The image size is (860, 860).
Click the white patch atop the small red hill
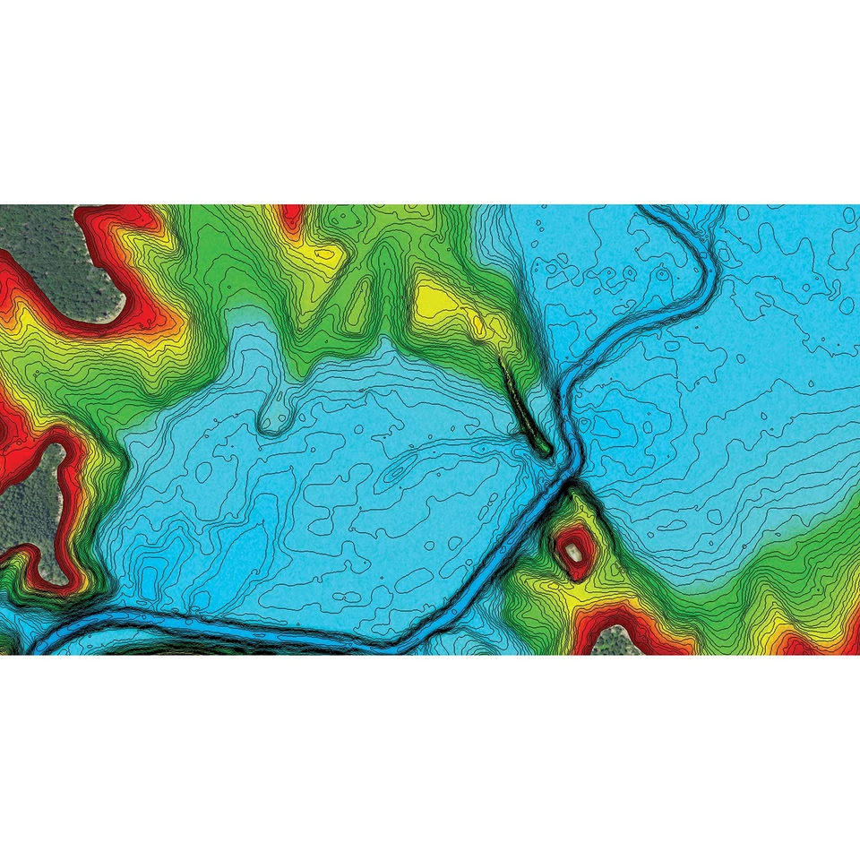click(x=571, y=553)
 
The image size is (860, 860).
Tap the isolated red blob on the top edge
click(x=292, y=216)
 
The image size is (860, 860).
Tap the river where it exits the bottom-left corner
click(x=36, y=645)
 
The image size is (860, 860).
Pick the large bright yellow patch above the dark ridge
click(x=439, y=300)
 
